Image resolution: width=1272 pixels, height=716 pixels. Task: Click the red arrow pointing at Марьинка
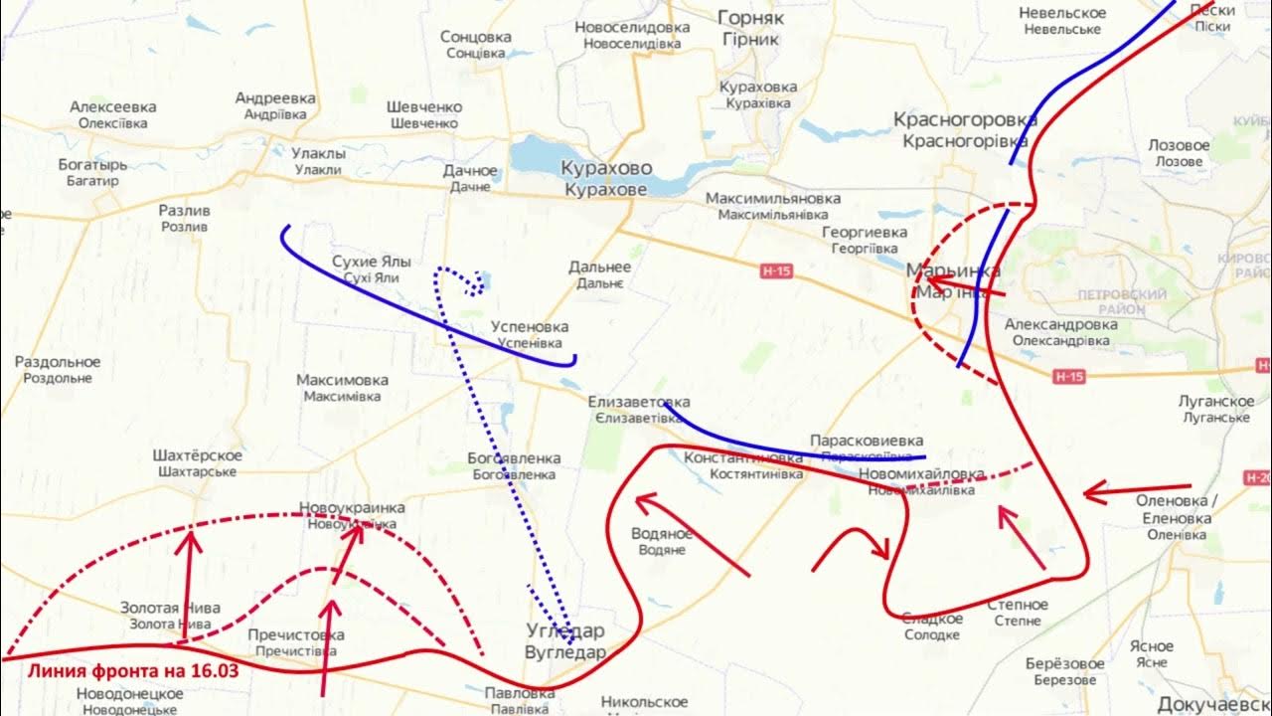969,289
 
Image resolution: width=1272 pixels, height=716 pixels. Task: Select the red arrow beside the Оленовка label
1108,491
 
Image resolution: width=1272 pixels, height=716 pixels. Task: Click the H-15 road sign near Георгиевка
776,271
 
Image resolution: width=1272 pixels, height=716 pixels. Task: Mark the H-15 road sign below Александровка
1069,376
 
